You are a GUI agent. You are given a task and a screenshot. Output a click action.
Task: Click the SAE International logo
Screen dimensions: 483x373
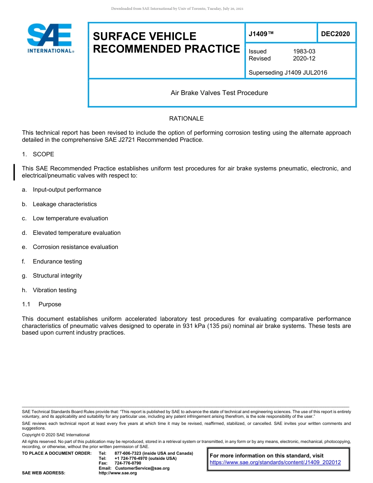pos(50,38)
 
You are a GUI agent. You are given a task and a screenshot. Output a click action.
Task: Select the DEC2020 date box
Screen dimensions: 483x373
pos(335,34)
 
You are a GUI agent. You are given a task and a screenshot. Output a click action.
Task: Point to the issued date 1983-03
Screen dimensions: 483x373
pos(304,51)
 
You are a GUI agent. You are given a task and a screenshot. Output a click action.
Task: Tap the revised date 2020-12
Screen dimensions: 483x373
pos(304,59)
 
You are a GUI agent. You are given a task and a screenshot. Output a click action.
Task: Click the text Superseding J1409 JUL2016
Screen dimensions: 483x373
pos(288,73)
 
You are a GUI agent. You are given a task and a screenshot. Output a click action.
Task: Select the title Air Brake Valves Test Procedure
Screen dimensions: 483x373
pos(219,93)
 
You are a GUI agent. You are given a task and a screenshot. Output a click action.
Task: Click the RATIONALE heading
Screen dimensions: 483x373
pos(186,119)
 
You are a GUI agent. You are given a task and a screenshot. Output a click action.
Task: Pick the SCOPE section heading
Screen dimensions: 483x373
pos(43,154)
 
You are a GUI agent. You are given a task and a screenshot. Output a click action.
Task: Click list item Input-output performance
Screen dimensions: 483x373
pos(67,190)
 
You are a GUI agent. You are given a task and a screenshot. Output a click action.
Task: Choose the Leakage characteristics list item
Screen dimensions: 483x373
pos(64,204)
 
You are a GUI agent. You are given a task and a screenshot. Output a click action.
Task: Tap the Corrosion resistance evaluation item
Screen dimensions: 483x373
pos(75,247)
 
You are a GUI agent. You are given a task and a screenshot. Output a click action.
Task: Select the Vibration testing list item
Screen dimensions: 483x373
pos(55,290)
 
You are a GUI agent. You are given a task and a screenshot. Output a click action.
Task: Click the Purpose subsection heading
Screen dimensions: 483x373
pos(49,304)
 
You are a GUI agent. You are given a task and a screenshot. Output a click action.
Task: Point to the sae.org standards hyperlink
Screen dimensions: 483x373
pos(275,463)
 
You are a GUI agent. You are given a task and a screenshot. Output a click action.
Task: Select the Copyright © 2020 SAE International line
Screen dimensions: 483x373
pos(56,435)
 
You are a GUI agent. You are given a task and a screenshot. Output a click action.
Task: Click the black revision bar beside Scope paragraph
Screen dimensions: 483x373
pos(15,172)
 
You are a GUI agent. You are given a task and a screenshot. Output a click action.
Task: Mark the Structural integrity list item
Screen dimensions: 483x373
pos(57,276)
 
